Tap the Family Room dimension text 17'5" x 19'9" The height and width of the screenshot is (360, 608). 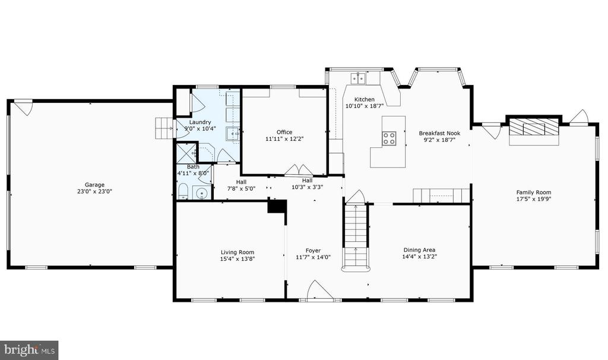click(x=534, y=199)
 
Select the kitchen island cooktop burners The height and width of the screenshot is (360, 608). click(x=389, y=138)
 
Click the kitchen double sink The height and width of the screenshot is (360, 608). click(x=359, y=79)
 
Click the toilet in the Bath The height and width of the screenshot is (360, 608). click(x=183, y=192)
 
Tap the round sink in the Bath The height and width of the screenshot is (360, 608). click(x=202, y=193)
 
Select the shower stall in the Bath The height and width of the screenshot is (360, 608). click(x=186, y=154)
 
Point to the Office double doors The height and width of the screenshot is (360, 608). click(x=299, y=169)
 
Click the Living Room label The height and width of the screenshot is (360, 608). click(x=237, y=252)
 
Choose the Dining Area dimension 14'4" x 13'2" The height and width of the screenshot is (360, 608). click(x=420, y=257)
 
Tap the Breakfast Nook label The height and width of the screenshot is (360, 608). click(x=439, y=133)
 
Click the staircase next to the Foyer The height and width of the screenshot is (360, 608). click(x=356, y=236)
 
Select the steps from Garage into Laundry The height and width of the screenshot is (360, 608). click(x=164, y=128)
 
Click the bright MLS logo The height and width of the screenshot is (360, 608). click(x=28, y=350)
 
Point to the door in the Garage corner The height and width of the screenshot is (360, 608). click(x=24, y=108)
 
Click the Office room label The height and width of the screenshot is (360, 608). click(x=284, y=132)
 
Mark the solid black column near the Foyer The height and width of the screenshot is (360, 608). click(x=277, y=206)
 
